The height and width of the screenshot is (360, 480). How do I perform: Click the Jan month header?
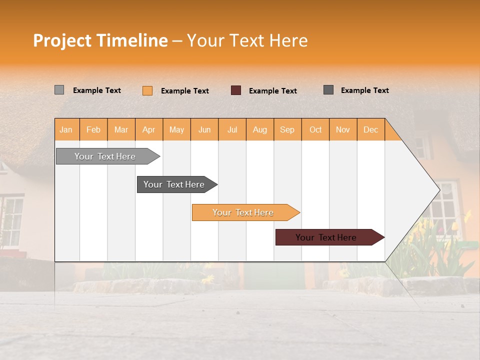pyautogui.click(x=66, y=129)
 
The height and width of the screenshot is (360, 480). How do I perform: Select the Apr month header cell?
pyautogui.click(x=149, y=129)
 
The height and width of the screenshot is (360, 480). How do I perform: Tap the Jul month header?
pyautogui.click(x=232, y=129)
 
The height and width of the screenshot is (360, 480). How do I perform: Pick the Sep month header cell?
pyautogui.click(x=287, y=129)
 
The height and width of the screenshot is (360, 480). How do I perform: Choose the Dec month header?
pyautogui.click(x=370, y=129)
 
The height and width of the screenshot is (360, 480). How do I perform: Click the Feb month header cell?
pyautogui.click(x=93, y=129)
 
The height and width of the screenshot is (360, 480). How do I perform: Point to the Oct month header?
pyautogui.click(x=315, y=129)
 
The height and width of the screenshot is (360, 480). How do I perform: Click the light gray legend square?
pyautogui.click(x=59, y=90)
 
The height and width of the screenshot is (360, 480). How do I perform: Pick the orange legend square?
pyautogui.click(x=147, y=90)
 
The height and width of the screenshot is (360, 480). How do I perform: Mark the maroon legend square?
pyautogui.click(x=236, y=90)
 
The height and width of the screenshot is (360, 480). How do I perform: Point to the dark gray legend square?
pyautogui.click(x=328, y=90)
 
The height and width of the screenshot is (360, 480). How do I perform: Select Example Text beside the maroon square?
pyautogui.click(x=273, y=91)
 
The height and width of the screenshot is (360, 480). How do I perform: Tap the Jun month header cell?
pyautogui.click(x=204, y=129)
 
